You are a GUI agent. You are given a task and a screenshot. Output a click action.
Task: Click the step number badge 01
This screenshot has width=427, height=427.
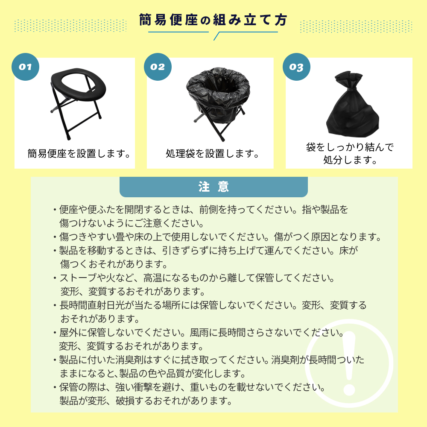pos(25,67)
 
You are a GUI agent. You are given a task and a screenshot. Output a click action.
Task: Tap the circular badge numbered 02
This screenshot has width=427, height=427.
pos(158,67)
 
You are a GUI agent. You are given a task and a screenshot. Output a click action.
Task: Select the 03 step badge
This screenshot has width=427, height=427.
pos(297,67)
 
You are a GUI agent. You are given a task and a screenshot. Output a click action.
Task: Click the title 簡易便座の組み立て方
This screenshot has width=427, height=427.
pos(213,20)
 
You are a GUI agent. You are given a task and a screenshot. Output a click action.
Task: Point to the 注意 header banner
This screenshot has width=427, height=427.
pos(213,187)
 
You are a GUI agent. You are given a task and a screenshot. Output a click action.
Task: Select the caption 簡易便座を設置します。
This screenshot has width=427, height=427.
pos(79,154)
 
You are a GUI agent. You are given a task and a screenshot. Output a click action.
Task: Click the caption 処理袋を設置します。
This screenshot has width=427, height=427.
pos(212,154)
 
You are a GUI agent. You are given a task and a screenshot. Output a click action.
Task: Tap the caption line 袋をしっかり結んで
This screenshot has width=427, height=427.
pos(350,147)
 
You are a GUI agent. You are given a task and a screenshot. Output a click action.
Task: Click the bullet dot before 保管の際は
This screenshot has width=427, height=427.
pos(55,387)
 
